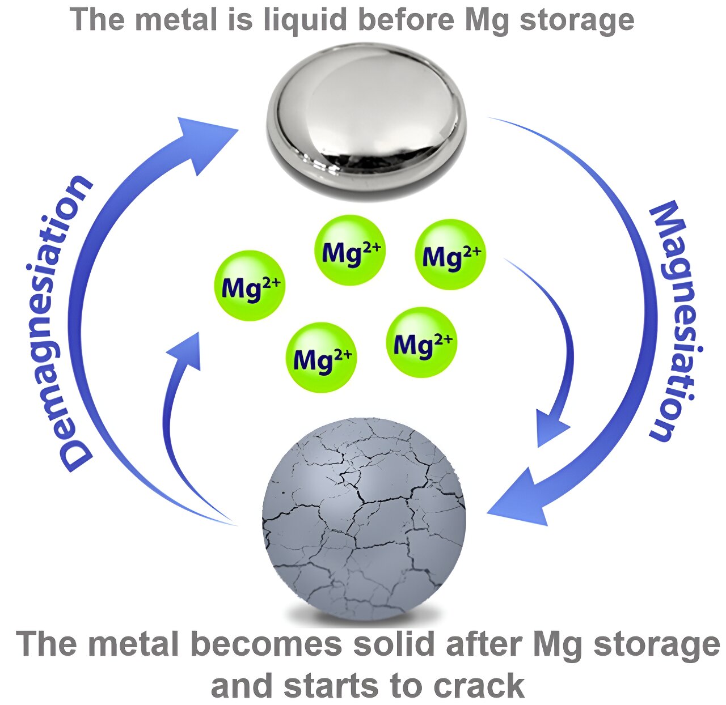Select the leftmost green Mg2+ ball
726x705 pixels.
250,286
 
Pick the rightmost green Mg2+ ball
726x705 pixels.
451,254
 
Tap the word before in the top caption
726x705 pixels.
396,20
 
